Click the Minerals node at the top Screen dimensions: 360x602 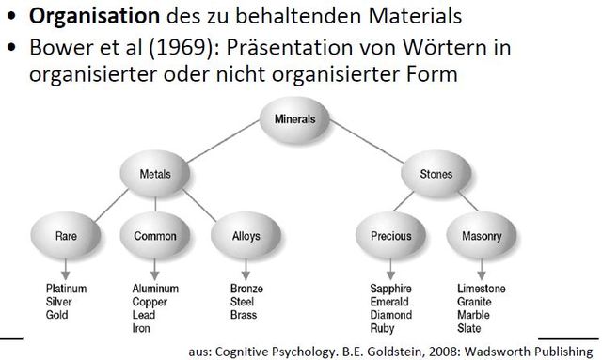294,121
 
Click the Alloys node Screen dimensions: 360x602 246,238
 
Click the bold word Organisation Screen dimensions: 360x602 79,16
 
